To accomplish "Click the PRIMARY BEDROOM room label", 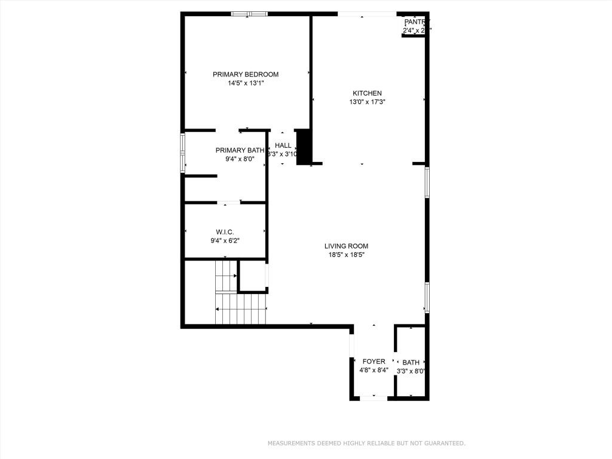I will pos(246,75).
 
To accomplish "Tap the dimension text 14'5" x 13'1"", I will pos(246,84).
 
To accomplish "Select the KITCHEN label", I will pos(367,93).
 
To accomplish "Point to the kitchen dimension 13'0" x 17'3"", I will pos(367,102).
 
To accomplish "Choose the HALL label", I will pos(283,145).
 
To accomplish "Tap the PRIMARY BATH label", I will pos(240,150).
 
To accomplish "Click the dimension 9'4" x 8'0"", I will pos(240,159).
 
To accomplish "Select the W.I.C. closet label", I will pos(225,232).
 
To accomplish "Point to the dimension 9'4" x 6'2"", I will pos(225,241).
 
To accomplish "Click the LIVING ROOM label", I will pos(346,246).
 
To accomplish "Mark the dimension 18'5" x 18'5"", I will pos(346,255).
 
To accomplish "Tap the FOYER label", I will pos(374,362).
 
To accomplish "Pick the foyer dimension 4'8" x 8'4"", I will pos(374,370).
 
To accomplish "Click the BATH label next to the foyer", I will pos(411,362).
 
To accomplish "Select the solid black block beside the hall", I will pos(304,146).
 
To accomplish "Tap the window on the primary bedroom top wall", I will pos(249,14).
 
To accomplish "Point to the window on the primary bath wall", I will pos(183,154).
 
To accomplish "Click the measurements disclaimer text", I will pos(366,443).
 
